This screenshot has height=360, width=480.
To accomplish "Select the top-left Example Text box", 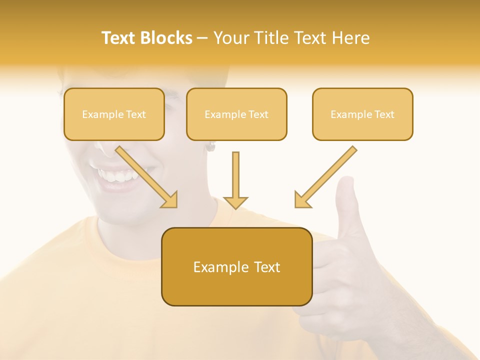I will [114, 114].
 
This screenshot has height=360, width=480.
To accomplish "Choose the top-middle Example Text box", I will [236, 114].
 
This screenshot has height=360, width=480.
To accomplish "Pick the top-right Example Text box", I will [362, 114].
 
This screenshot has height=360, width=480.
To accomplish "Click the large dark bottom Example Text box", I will [236, 267].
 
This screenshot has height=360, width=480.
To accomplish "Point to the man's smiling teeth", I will [118, 176].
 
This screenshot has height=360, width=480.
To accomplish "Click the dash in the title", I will [202, 38].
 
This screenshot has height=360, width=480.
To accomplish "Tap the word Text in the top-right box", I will [384, 114].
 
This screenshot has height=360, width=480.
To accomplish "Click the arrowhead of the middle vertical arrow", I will [235, 202].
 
